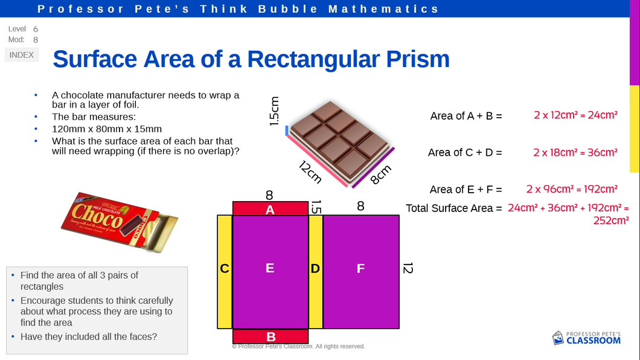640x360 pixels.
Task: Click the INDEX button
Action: (x=22, y=55)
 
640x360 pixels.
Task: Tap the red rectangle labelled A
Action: (x=270, y=208)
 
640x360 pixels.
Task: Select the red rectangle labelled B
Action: (x=270, y=336)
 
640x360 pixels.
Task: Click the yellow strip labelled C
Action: (x=225, y=272)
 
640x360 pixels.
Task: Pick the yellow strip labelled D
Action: (x=316, y=272)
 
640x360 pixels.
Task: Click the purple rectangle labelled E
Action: (x=270, y=272)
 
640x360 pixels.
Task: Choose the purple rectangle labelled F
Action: (x=361, y=272)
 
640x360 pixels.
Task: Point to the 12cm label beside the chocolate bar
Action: (x=310, y=172)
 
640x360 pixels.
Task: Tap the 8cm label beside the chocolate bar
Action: (x=381, y=175)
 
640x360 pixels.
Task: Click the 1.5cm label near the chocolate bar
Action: (x=274, y=111)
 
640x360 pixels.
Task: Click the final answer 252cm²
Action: (x=610, y=220)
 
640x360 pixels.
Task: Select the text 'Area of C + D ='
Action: (x=465, y=153)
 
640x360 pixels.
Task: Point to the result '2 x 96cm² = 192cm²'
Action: (x=571, y=189)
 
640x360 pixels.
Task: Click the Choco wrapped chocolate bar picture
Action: (x=120, y=222)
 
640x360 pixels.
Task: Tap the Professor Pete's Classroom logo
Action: (x=586, y=338)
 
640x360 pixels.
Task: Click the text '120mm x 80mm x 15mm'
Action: (x=106, y=129)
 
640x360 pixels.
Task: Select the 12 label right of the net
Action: (x=408, y=268)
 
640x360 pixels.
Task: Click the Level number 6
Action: (x=36, y=30)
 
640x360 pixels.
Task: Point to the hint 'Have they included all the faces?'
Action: (x=89, y=336)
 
